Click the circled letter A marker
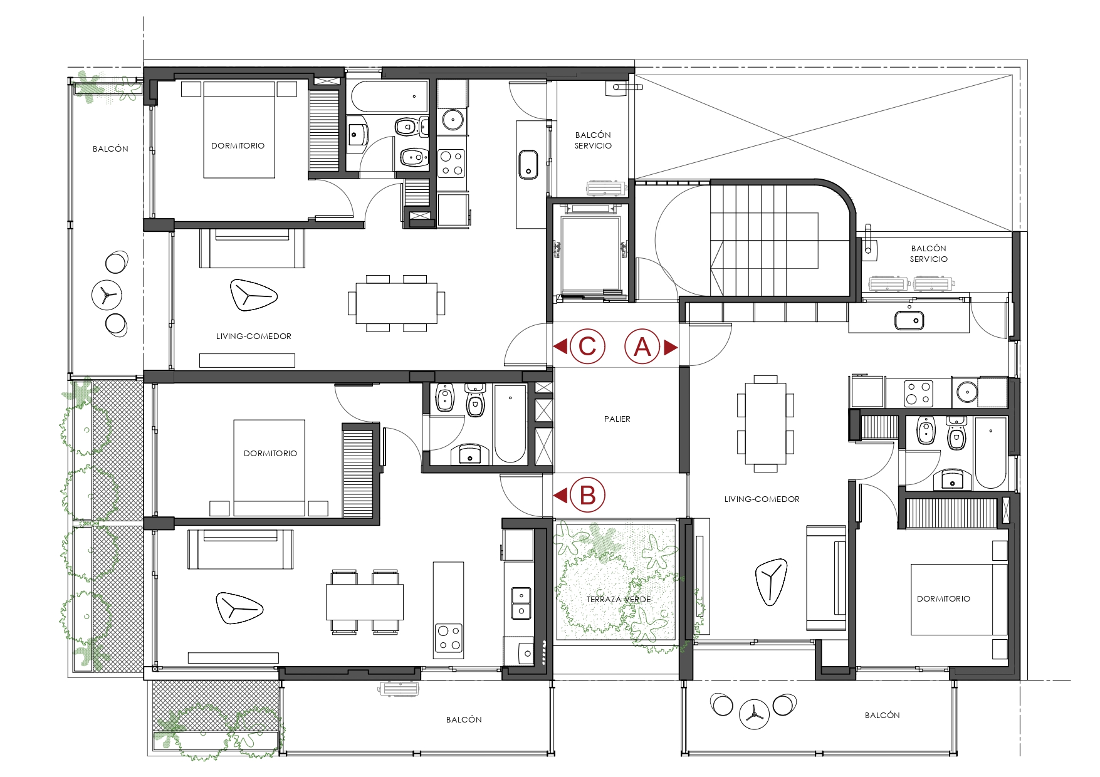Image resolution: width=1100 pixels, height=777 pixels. pyautogui.click(x=642, y=347)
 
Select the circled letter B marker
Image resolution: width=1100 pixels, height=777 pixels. pyautogui.click(x=587, y=495)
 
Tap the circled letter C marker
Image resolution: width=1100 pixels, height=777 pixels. pyautogui.click(x=587, y=347)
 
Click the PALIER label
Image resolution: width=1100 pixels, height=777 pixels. pyautogui.click(x=617, y=419)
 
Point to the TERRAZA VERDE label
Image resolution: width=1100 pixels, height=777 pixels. pyautogui.click(x=619, y=600)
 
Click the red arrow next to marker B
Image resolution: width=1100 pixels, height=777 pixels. pyautogui.click(x=560, y=496)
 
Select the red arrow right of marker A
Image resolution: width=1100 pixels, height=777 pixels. pyautogui.click(x=671, y=347)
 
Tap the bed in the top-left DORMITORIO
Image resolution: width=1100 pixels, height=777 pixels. pyautogui.click(x=239, y=130)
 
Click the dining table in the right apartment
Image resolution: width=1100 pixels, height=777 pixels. pyautogui.click(x=765, y=424)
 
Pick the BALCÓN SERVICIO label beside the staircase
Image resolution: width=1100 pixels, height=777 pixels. pyautogui.click(x=929, y=254)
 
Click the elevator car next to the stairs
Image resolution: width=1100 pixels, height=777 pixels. pyautogui.click(x=590, y=254)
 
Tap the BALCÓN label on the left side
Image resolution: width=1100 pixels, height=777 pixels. pyautogui.click(x=110, y=149)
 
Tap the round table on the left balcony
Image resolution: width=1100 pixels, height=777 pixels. pyautogui.click(x=107, y=295)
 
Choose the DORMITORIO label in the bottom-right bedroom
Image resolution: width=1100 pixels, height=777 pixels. pyautogui.click(x=943, y=599)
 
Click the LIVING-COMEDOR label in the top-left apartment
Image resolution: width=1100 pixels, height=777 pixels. pyautogui.click(x=254, y=336)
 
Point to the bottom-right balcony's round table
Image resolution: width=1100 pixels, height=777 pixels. pyautogui.click(x=754, y=714)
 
